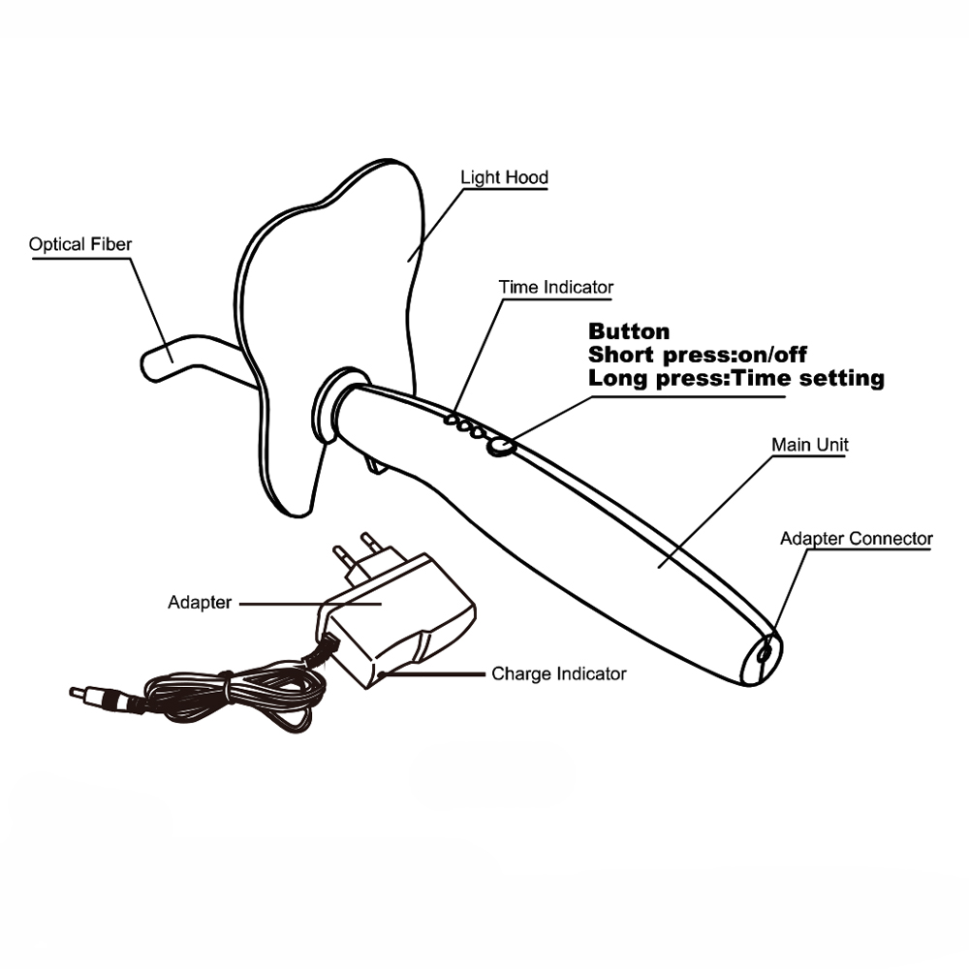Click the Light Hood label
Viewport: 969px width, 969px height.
pyautogui.click(x=504, y=177)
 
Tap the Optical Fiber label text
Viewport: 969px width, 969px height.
pyautogui.click(x=79, y=244)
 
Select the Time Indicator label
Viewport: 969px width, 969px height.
pyautogui.click(x=555, y=287)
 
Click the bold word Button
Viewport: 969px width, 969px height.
pyautogui.click(x=628, y=331)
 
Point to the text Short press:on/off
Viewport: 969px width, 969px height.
pyautogui.click(x=698, y=355)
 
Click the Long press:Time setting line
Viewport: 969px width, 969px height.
pyautogui.click(x=736, y=378)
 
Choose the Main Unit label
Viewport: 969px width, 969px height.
pyautogui.click(x=809, y=445)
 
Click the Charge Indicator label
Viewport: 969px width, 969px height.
pyautogui.click(x=559, y=672)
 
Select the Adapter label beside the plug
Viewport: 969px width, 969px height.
pyautogui.click(x=200, y=603)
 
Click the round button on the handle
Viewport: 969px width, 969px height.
pyautogui.click(x=500, y=445)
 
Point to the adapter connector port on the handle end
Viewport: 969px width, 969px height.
pyautogui.click(x=765, y=653)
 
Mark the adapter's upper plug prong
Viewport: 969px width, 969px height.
pyautogui.click(x=367, y=541)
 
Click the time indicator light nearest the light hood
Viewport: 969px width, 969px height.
pyautogui.click(x=451, y=419)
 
